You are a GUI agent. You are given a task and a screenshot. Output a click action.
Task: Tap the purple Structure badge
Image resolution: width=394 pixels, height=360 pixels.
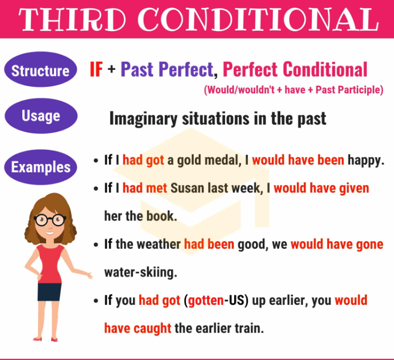40,71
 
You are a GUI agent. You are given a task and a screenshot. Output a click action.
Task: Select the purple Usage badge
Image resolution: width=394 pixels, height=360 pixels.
40,116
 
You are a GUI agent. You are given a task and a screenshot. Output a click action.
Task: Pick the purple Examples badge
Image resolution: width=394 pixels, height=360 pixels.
40,167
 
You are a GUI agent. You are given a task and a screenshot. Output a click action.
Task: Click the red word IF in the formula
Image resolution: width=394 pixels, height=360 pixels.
96,70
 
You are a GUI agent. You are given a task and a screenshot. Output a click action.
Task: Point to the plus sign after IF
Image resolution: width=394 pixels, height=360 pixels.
111,70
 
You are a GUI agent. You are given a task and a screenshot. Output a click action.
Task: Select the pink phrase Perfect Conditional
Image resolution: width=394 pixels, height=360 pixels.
295,70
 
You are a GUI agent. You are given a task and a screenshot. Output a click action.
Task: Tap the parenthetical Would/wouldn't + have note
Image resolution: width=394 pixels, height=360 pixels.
293,90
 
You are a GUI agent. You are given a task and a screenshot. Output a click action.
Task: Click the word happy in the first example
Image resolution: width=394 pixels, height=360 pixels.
366,161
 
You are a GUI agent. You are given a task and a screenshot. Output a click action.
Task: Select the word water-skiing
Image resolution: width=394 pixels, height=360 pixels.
140,272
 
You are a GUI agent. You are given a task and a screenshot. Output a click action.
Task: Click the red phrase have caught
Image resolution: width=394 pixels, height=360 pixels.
138,328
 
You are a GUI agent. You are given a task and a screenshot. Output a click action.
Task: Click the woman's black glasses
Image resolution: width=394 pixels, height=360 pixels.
49,219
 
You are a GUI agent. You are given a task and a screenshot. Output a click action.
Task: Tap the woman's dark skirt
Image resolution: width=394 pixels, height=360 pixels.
49,291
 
